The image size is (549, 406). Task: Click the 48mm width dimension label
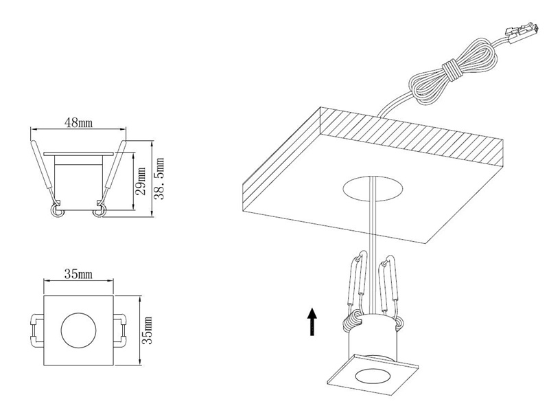click(x=80, y=124)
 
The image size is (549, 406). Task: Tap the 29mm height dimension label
click(x=141, y=181)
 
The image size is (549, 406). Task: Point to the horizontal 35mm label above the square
click(x=78, y=273)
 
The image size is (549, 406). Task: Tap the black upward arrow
click(x=312, y=321)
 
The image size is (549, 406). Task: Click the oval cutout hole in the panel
click(x=371, y=188)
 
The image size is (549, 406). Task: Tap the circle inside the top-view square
click(x=78, y=329)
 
